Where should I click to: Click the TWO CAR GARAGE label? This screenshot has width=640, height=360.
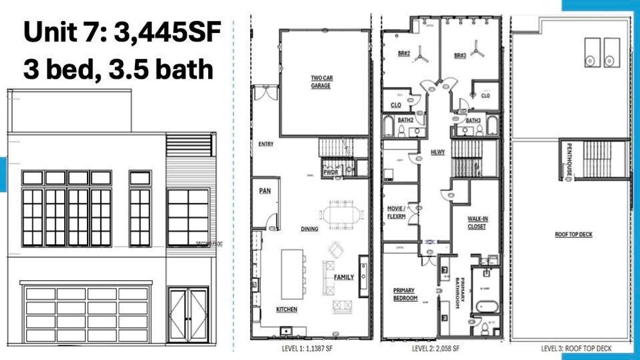(x=320, y=82)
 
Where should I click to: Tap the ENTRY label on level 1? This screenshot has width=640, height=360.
(x=266, y=144)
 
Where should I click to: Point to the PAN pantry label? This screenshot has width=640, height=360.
(x=265, y=191)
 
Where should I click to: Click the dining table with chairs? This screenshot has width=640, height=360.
(x=343, y=215)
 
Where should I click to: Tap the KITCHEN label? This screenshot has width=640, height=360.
(x=287, y=310)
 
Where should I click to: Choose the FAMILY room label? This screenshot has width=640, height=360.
(x=344, y=277)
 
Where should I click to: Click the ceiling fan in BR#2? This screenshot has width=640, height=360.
(x=422, y=55)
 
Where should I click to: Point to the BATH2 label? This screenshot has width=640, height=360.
(x=406, y=120)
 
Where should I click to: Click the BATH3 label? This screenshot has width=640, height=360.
(x=473, y=120)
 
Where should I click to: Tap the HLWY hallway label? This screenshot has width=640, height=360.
(x=438, y=152)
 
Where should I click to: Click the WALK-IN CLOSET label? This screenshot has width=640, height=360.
(x=477, y=223)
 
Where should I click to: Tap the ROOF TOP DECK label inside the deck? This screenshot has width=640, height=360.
(x=573, y=234)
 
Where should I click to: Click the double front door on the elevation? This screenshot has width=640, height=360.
(x=188, y=314)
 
